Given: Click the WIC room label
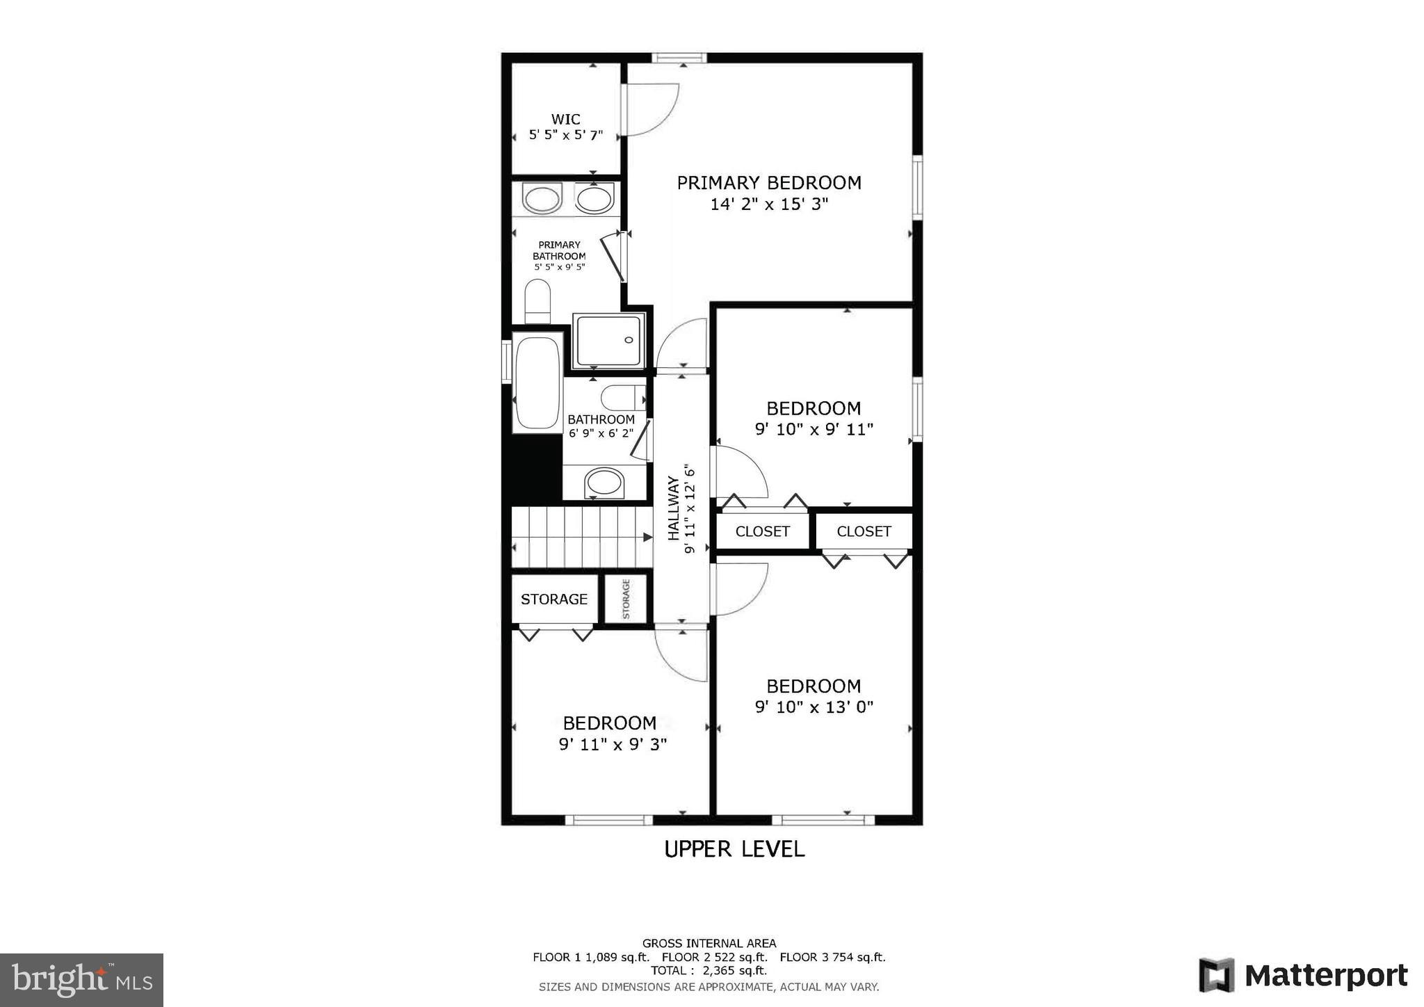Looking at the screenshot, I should pos(565,120).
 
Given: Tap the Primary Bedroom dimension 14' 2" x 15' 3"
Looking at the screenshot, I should pos(769,204).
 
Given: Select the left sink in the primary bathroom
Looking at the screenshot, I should pos(542,200).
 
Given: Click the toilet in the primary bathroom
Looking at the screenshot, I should pos(537,301).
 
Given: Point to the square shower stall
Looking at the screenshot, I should pos(609,340).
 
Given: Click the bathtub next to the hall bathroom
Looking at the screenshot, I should pos(537,383).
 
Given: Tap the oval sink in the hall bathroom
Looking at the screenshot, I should pos(604,482).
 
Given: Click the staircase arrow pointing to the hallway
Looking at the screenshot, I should pos(647,537).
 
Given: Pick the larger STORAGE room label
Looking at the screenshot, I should pos(554,599).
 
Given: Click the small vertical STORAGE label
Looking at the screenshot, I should pos(626,599).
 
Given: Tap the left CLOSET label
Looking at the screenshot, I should pos(762,531).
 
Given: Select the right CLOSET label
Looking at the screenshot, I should pos(864,531).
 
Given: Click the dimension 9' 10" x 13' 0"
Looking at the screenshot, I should pos(814,707).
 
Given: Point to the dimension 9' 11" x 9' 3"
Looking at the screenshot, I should pos(613,745).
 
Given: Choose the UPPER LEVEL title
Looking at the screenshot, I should pos(734,849).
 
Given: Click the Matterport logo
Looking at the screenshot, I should pos(1303,975).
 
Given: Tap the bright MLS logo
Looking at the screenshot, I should pos(81,980).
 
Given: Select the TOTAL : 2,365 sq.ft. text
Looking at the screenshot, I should pos(709,970).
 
